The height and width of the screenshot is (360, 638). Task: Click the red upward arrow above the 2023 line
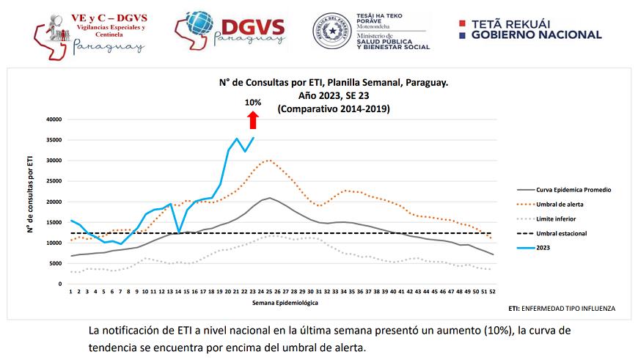pos(253,120)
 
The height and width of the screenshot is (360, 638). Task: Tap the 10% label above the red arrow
pos(253,103)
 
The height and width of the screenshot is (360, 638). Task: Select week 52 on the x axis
pos(492,292)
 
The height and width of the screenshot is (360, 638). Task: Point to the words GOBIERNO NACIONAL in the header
pos(536,34)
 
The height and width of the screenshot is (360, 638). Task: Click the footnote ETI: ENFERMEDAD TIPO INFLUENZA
pos(561,309)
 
